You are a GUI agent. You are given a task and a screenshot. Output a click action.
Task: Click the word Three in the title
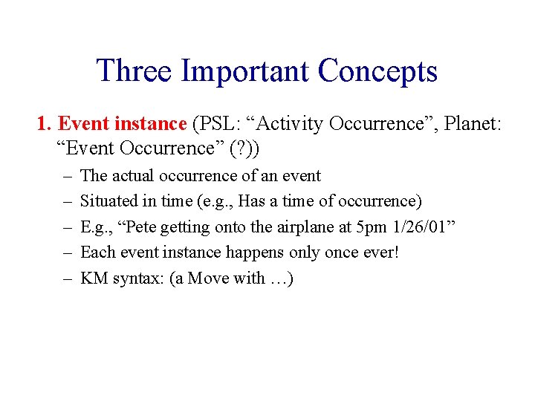click(134, 71)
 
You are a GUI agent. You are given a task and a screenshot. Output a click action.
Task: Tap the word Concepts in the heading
click(377, 71)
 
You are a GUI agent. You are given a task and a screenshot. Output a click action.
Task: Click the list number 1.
click(43, 123)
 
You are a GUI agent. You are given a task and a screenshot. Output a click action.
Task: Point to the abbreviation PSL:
click(213, 123)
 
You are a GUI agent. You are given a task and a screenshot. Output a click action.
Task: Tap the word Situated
click(106, 201)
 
